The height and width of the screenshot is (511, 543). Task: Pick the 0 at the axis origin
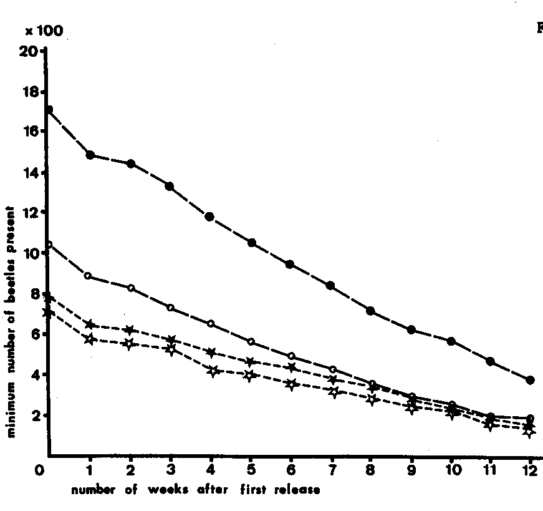pos(41,469)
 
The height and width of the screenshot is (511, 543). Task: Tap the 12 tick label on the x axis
pos(530,469)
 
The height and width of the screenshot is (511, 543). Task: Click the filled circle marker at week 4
pos(209,217)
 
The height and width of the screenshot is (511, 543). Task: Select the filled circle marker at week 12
pos(530,380)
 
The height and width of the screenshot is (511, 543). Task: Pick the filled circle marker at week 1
pos(90,155)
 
